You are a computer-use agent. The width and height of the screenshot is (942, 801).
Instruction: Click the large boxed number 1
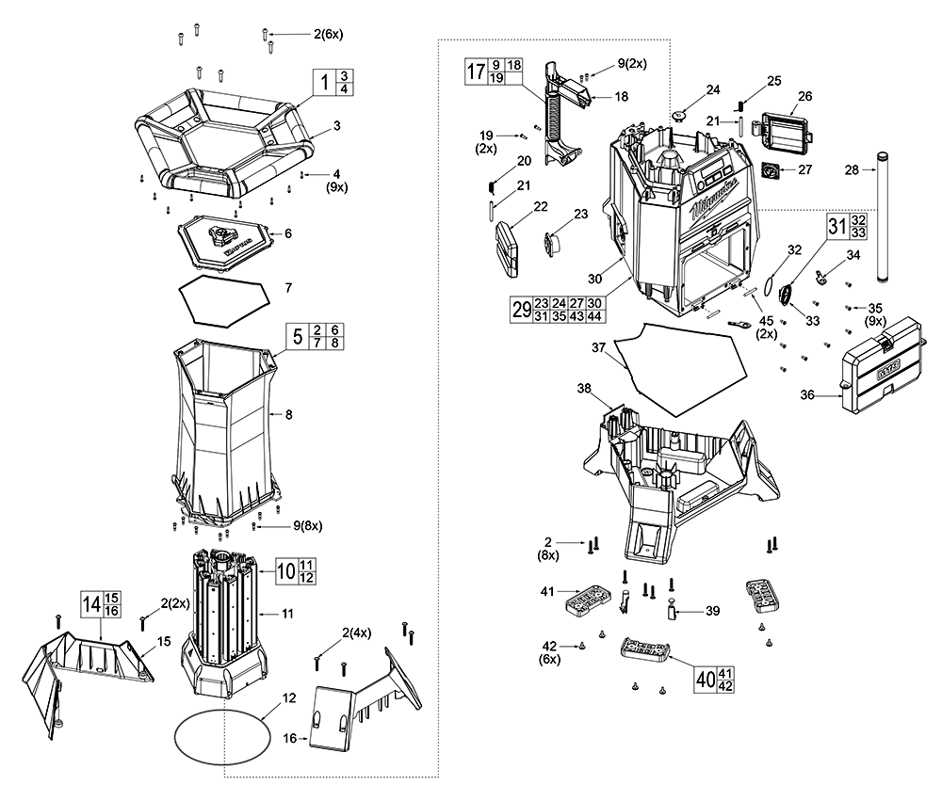pyautogui.click(x=324, y=82)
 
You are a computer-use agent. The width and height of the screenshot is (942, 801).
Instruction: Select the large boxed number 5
pyautogui.click(x=298, y=338)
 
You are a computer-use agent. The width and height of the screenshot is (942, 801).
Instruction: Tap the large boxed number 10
pyautogui.click(x=285, y=569)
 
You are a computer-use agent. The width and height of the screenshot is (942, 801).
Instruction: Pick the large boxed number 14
pyautogui.click(x=90, y=604)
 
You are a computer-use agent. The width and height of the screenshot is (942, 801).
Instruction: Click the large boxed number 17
pyautogui.click(x=478, y=72)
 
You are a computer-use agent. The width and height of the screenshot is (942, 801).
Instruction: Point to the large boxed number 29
pyautogui.click(x=521, y=310)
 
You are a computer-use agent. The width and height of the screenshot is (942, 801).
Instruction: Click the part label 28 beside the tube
pyautogui.click(x=852, y=169)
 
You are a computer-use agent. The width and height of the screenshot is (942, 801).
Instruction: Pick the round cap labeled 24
pyautogui.click(x=680, y=115)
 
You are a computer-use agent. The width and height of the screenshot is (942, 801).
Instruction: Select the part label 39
pyautogui.click(x=712, y=611)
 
